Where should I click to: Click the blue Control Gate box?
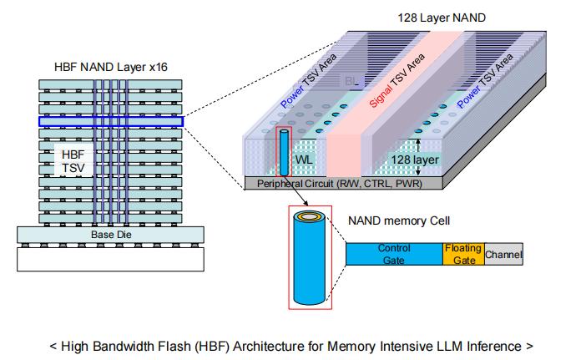click(393, 254)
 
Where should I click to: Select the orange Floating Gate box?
click(462, 254)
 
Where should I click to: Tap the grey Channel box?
click(503, 254)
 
